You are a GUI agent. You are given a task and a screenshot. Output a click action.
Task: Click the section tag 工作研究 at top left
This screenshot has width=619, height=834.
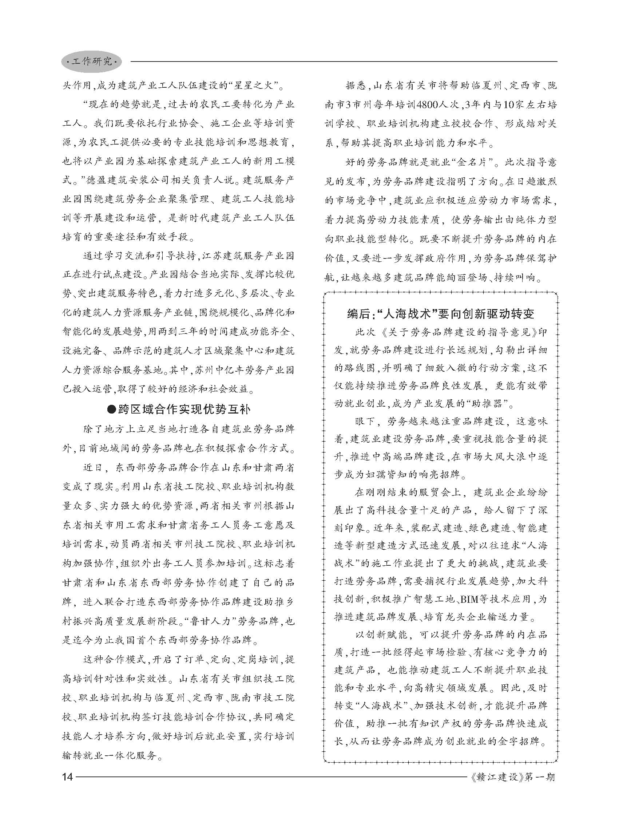(92, 62)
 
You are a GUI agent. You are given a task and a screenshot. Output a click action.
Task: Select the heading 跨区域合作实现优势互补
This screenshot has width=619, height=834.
(184, 409)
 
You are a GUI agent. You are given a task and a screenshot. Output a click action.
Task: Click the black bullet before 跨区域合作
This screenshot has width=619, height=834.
(111, 409)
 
